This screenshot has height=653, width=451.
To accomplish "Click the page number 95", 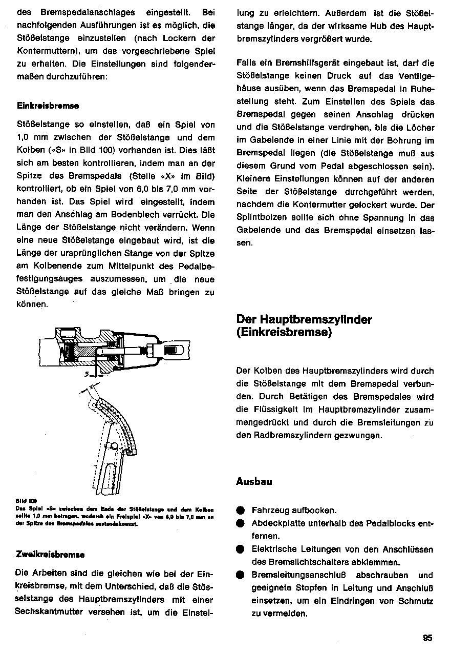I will pos(428,638).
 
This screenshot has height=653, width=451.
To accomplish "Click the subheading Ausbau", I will pos(254,481).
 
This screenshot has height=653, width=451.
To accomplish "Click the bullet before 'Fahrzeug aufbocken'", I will pos(240,511).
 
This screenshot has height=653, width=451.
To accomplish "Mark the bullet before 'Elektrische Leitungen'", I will pos(240,549).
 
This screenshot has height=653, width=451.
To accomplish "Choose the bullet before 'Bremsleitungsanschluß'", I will pos(240,575).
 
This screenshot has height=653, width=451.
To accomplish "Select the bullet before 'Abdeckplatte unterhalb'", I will pos(240,524).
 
